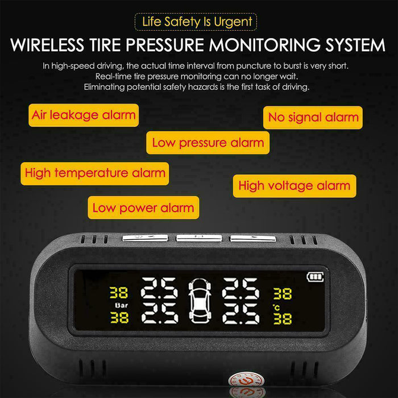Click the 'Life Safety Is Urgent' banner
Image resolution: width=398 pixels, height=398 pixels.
point(196,22)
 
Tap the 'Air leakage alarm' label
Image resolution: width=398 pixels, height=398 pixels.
point(84,115)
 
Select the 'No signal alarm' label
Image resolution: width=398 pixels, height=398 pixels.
point(313,118)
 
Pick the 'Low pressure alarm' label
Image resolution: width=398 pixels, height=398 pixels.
point(208,143)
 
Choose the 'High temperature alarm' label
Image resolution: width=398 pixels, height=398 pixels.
point(95,173)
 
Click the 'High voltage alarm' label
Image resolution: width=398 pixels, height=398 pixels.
point(295,186)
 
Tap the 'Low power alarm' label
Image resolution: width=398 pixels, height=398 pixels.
point(143,208)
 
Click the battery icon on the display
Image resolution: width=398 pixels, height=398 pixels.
point(315,277)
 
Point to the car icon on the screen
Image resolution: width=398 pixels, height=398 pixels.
point(200,301)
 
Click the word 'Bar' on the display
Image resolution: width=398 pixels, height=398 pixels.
point(121,305)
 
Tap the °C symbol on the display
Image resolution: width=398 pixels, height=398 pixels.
point(277,308)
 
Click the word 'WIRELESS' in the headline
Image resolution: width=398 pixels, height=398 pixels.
point(47,45)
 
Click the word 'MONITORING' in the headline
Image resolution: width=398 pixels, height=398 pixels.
point(264,45)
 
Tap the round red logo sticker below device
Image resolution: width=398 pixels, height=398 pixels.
point(247,382)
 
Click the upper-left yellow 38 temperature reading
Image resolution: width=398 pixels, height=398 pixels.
point(119,293)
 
